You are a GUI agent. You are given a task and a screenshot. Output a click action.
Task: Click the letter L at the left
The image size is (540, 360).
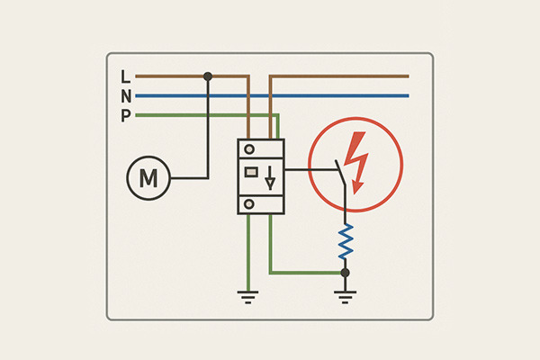125,76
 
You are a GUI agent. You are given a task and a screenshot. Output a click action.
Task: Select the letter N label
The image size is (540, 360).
125,95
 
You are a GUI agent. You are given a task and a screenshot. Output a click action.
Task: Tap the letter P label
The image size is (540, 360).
125,115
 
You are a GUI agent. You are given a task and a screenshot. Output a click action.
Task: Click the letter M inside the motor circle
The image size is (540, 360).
148,178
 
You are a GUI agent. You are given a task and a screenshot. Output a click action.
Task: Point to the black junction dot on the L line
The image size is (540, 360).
208,76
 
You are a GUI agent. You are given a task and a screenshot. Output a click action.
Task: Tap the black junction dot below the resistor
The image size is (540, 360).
345,271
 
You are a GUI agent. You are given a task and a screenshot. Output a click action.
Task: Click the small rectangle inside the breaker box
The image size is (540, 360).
252,171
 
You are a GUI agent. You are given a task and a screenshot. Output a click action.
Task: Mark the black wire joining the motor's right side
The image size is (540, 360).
189,178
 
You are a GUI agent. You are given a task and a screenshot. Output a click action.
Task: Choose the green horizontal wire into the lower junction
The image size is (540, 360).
306,271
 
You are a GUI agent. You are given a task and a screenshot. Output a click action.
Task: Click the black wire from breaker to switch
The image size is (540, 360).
306,168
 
